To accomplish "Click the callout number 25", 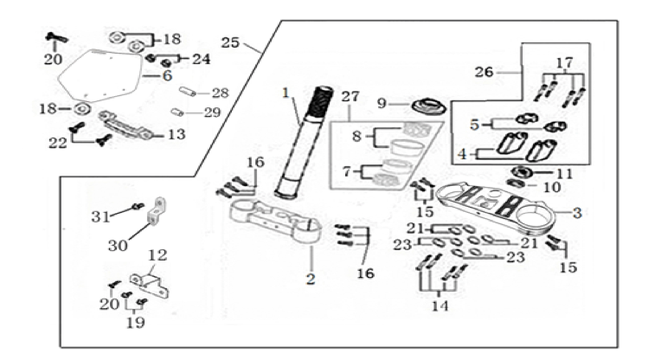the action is [230, 42].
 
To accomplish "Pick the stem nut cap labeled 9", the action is [428, 106].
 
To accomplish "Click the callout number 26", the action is [484, 72].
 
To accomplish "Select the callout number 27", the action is [350, 97].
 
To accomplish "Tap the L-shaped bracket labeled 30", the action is [157, 211].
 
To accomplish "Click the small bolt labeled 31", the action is [138, 206].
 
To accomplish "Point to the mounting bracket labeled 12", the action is [149, 285].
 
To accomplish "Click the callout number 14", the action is [440, 305].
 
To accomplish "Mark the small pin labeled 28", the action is [188, 91].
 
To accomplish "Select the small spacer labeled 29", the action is [177, 112].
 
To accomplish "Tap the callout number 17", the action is [564, 62].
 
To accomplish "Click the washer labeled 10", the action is [515, 183].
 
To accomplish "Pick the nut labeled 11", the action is [522, 171].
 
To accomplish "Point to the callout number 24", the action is [202, 59].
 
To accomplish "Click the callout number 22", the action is [57, 143].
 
